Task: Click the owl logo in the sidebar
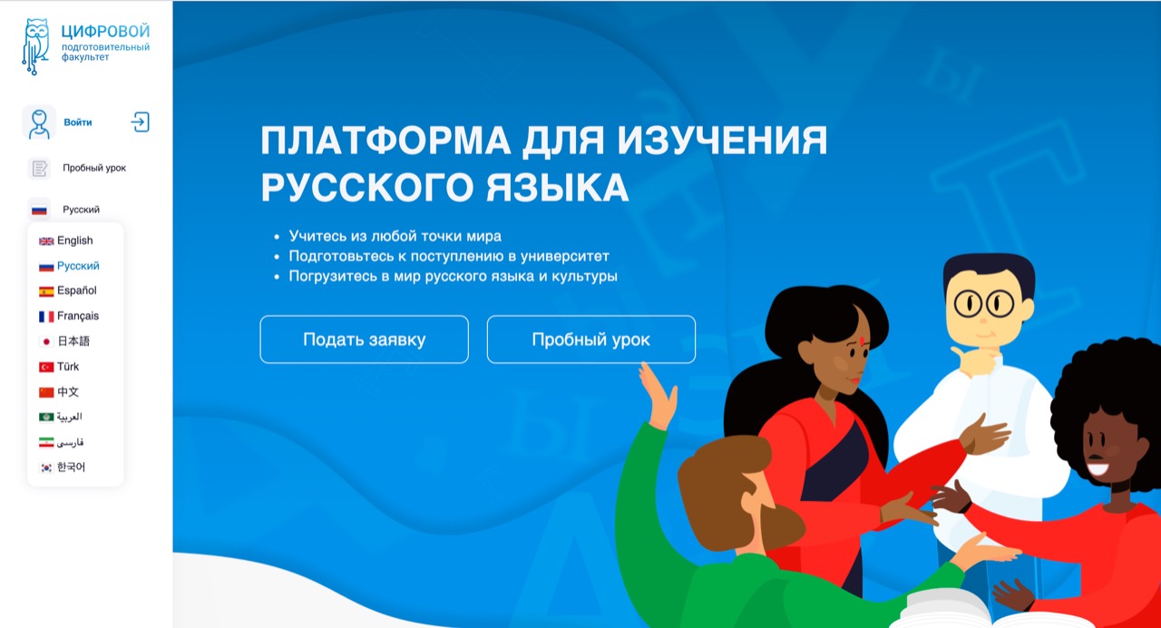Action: click(x=35, y=46)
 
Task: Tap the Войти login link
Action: click(x=78, y=123)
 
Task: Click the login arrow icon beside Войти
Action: click(x=140, y=123)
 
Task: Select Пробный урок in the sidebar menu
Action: click(x=94, y=168)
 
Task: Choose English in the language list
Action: click(x=74, y=240)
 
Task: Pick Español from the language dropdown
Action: click(x=77, y=290)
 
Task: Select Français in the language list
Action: click(x=78, y=316)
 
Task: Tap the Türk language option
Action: click(x=68, y=367)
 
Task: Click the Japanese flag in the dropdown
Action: click(x=46, y=342)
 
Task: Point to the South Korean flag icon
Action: click(x=46, y=467)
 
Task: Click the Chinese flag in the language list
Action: click(x=46, y=392)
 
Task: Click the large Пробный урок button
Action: click(x=590, y=339)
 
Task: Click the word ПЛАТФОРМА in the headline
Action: click(x=385, y=140)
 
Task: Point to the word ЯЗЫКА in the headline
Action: click(x=557, y=187)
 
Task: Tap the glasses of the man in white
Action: click(x=984, y=303)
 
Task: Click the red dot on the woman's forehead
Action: click(x=863, y=341)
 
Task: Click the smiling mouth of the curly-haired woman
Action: click(x=1098, y=468)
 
